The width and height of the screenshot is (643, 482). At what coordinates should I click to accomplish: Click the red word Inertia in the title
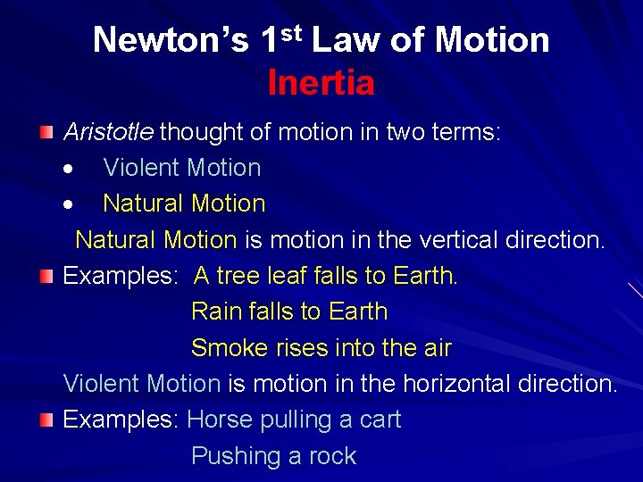tap(321, 83)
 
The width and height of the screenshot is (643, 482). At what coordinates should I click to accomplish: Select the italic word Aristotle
tap(108, 132)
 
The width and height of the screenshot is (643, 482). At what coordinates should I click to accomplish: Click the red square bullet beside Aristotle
tap(46, 132)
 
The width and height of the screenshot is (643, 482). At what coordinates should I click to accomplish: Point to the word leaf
tap(293, 276)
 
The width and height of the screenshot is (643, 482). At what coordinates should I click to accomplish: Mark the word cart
tap(380, 420)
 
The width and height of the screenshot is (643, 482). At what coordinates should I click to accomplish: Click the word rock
tap(332, 456)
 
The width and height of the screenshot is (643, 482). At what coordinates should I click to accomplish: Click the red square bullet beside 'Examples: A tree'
tap(46, 276)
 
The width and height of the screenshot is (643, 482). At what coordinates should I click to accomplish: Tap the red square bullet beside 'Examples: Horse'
tap(46, 420)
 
